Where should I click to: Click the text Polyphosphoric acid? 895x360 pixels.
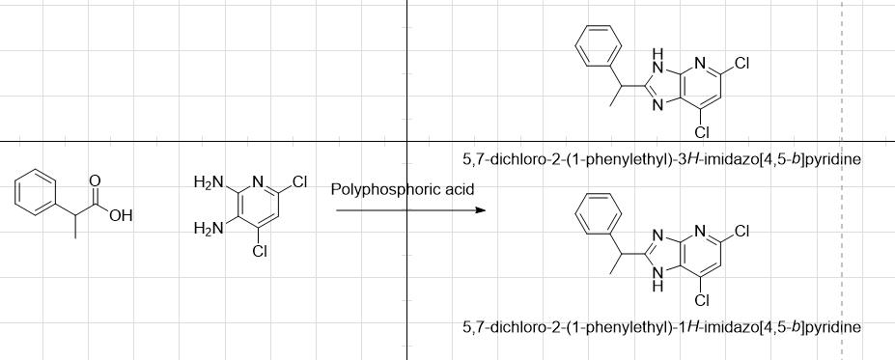pyautogui.click(x=403, y=188)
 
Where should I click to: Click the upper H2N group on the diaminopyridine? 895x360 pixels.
pyautogui.click(x=208, y=182)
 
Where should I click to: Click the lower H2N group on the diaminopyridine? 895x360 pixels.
pyautogui.click(x=208, y=228)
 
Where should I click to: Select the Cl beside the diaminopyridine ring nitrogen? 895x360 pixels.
pyautogui.click(x=298, y=181)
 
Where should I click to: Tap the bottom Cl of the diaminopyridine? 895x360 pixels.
pyautogui.click(x=259, y=252)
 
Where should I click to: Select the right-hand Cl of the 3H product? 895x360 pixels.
pyautogui.click(x=741, y=64)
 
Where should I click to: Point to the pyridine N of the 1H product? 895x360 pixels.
pyautogui.click(x=702, y=232)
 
